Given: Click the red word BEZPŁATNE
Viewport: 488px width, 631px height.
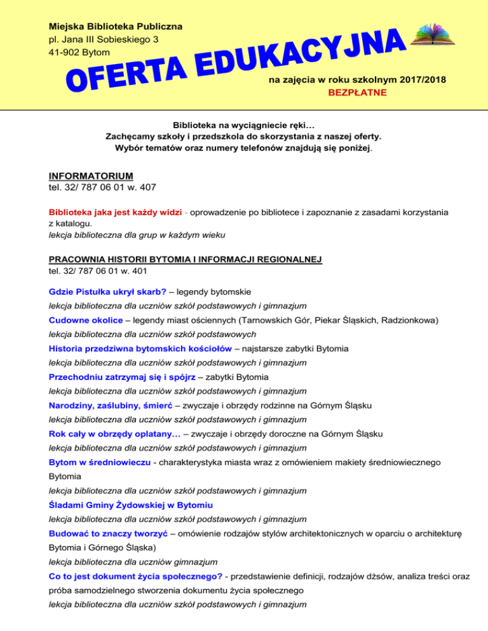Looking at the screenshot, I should pos(356,93).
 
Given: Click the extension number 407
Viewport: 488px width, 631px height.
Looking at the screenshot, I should pos(145,187).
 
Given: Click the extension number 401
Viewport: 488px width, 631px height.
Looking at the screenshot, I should pos(145,270).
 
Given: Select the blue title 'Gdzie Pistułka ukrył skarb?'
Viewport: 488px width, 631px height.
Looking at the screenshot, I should pos(107,292).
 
